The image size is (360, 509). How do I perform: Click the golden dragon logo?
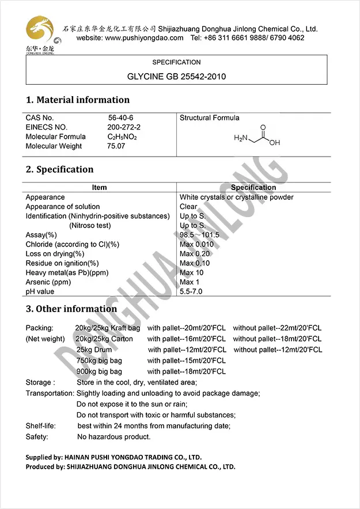click(40, 31)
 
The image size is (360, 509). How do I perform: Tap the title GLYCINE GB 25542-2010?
click(176, 76)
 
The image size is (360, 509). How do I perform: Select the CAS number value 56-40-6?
click(120, 117)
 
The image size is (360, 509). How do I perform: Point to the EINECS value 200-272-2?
click(124, 127)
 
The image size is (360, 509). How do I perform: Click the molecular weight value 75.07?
click(116, 146)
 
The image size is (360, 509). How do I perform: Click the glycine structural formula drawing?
click(257, 136)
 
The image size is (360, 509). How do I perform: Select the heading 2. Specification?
click(59, 169)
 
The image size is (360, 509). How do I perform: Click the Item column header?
click(99, 188)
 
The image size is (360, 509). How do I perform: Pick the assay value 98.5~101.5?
click(199, 235)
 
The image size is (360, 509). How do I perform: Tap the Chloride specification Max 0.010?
click(196, 244)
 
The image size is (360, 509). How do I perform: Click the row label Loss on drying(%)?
click(55, 254)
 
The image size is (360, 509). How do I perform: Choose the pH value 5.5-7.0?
click(191, 292)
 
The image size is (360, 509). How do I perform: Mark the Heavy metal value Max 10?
click(192, 273)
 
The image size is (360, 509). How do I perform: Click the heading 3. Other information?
click(71, 309)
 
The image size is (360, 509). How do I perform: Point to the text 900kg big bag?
click(99, 372)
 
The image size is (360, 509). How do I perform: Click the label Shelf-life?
click(40, 426)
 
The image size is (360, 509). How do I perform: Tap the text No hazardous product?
click(113, 437)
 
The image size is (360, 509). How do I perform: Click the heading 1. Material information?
click(78, 100)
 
